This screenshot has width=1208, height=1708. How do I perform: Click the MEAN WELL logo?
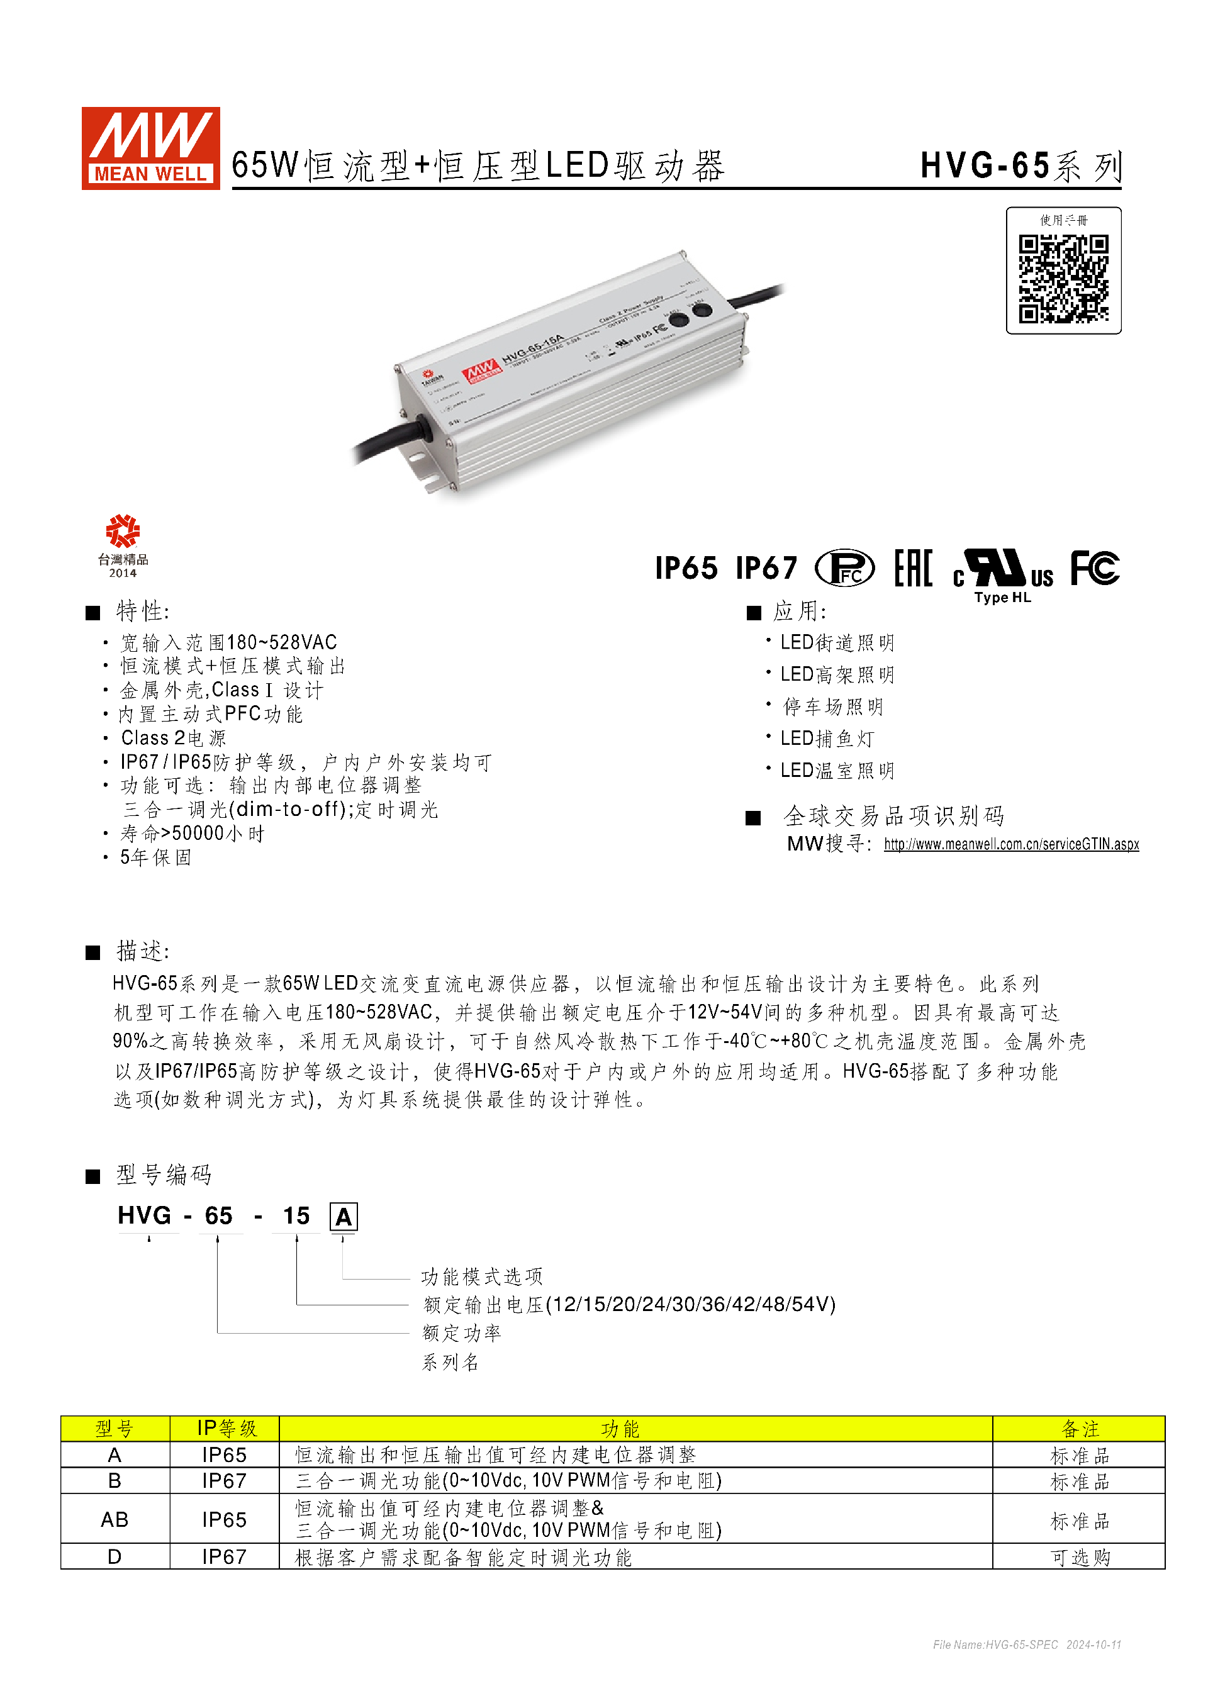[x=150, y=148]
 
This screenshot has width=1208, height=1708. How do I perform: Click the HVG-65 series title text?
[x=1020, y=166]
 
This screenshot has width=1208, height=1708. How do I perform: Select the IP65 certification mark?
[x=686, y=568]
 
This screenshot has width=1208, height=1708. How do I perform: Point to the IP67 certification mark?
[x=766, y=568]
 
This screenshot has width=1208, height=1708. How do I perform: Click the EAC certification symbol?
[x=913, y=568]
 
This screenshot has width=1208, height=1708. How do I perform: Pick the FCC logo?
[x=1094, y=568]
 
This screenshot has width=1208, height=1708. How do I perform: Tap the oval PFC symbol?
[x=844, y=568]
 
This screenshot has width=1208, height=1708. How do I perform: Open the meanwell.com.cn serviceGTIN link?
[x=1011, y=844]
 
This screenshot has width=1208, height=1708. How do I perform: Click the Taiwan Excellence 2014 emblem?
[x=123, y=545]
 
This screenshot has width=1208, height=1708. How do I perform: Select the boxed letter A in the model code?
[x=343, y=1217]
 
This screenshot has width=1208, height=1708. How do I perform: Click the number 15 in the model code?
[x=296, y=1215]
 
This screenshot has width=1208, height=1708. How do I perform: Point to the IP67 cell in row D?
[x=224, y=1557]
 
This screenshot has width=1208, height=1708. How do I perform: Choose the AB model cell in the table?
[x=115, y=1519]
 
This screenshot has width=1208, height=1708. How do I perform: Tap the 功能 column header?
[x=620, y=1429]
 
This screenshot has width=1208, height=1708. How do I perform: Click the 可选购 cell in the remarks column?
[x=1079, y=1557]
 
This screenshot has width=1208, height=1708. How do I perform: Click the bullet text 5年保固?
[x=156, y=857]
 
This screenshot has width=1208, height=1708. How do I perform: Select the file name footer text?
[x=1027, y=1644]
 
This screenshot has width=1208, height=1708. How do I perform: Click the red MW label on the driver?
[x=481, y=370]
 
